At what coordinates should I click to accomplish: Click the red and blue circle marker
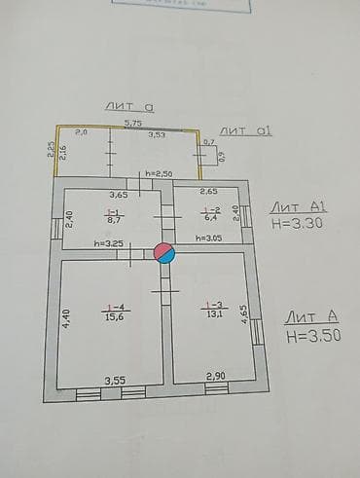click(166, 253)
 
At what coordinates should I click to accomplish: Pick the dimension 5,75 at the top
click(133, 123)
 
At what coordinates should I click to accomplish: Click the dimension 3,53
click(156, 135)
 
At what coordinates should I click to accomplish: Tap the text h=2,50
click(159, 173)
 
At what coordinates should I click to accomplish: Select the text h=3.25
click(108, 243)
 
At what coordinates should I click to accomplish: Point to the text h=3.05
click(209, 238)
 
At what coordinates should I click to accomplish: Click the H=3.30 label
click(298, 223)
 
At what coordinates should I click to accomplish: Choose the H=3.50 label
click(313, 335)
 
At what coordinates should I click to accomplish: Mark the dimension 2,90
click(216, 375)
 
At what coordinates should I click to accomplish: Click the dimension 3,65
click(119, 195)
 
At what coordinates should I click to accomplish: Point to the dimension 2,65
click(209, 192)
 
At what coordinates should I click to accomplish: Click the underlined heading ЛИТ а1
click(244, 129)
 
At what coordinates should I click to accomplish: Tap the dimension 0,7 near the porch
click(209, 142)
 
